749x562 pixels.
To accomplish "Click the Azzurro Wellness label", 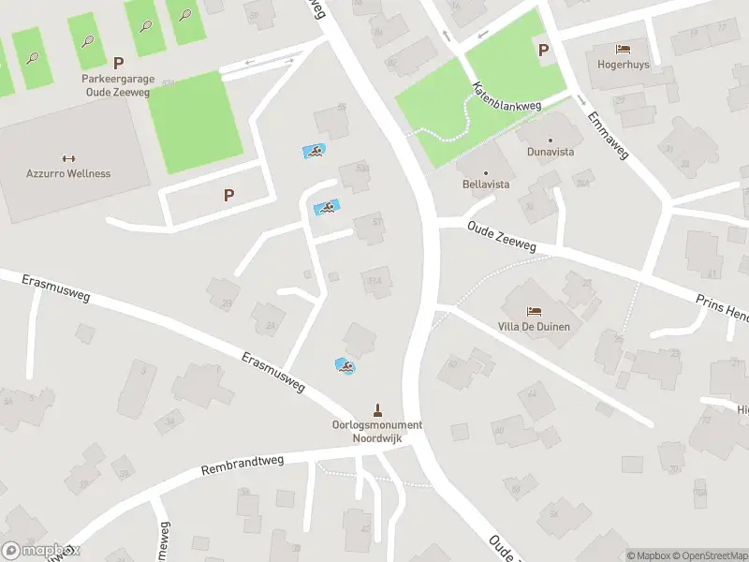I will [x=67, y=173].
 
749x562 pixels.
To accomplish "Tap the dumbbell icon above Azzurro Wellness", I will [x=67, y=157].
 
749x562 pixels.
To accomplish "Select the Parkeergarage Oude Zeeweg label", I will [x=118, y=84].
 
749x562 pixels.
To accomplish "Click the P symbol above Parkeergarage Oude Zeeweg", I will [x=118, y=63].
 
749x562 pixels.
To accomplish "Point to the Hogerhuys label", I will [x=623, y=65].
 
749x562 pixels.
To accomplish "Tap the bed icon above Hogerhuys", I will [x=623, y=49].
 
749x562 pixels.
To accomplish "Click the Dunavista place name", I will [x=551, y=151].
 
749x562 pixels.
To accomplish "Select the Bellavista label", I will [x=486, y=185].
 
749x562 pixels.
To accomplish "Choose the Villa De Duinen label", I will [x=535, y=327].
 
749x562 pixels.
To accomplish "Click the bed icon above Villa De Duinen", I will [x=535, y=311].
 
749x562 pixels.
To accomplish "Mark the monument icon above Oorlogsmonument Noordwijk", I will [x=377, y=408].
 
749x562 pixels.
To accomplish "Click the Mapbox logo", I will [x=40, y=552].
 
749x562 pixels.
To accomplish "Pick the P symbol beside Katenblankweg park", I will [x=542, y=50].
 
